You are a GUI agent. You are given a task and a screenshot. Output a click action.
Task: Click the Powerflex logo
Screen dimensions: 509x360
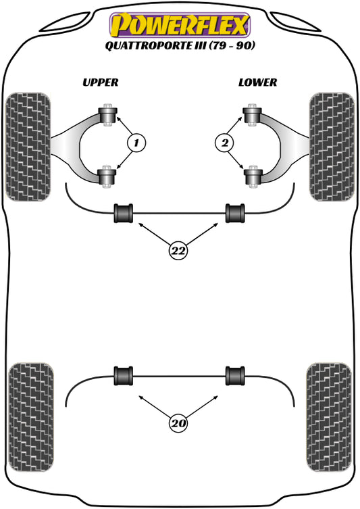pos(180,25)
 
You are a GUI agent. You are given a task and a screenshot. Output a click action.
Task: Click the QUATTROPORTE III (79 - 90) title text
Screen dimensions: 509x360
pos(180,46)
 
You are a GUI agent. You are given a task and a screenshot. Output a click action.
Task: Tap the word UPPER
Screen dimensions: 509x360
pos(100,82)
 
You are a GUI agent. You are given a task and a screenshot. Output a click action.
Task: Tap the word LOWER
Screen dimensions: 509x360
pos(257,82)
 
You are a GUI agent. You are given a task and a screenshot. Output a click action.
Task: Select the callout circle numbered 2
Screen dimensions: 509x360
pos(224,143)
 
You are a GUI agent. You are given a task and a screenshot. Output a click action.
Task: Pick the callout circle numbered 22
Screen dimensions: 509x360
pos(178,251)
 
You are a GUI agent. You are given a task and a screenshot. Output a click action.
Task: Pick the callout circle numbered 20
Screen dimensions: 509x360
pos(178,424)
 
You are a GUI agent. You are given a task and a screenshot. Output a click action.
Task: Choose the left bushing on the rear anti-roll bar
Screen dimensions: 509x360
pos(124,374)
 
